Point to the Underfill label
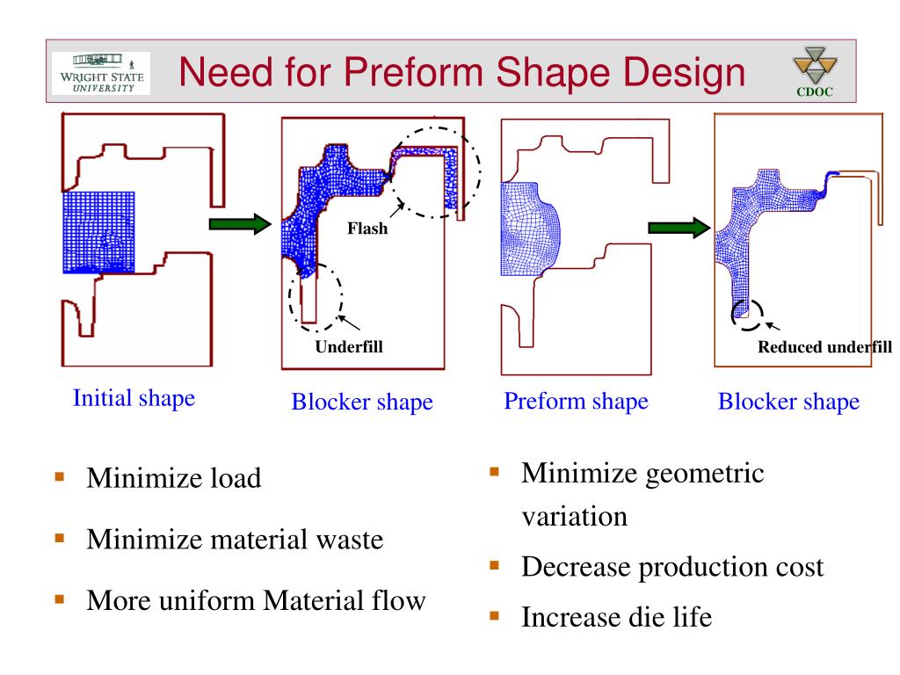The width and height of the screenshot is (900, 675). click(x=349, y=346)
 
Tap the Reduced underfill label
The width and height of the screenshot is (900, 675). click(x=824, y=346)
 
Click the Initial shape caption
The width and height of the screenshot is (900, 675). click(x=134, y=398)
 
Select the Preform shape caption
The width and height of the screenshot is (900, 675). click(x=576, y=402)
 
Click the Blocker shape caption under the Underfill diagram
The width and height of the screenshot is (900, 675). click(x=362, y=403)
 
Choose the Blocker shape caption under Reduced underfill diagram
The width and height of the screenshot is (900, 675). click(x=788, y=403)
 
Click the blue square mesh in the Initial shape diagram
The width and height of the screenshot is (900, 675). click(x=98, y=232)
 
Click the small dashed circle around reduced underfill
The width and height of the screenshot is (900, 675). click(x=747, y=314)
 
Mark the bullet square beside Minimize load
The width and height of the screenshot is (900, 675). click(x=61, y=478)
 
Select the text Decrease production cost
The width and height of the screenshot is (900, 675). click(x=672, y=567)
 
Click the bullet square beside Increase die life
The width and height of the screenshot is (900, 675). click(x=495, y=616)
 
